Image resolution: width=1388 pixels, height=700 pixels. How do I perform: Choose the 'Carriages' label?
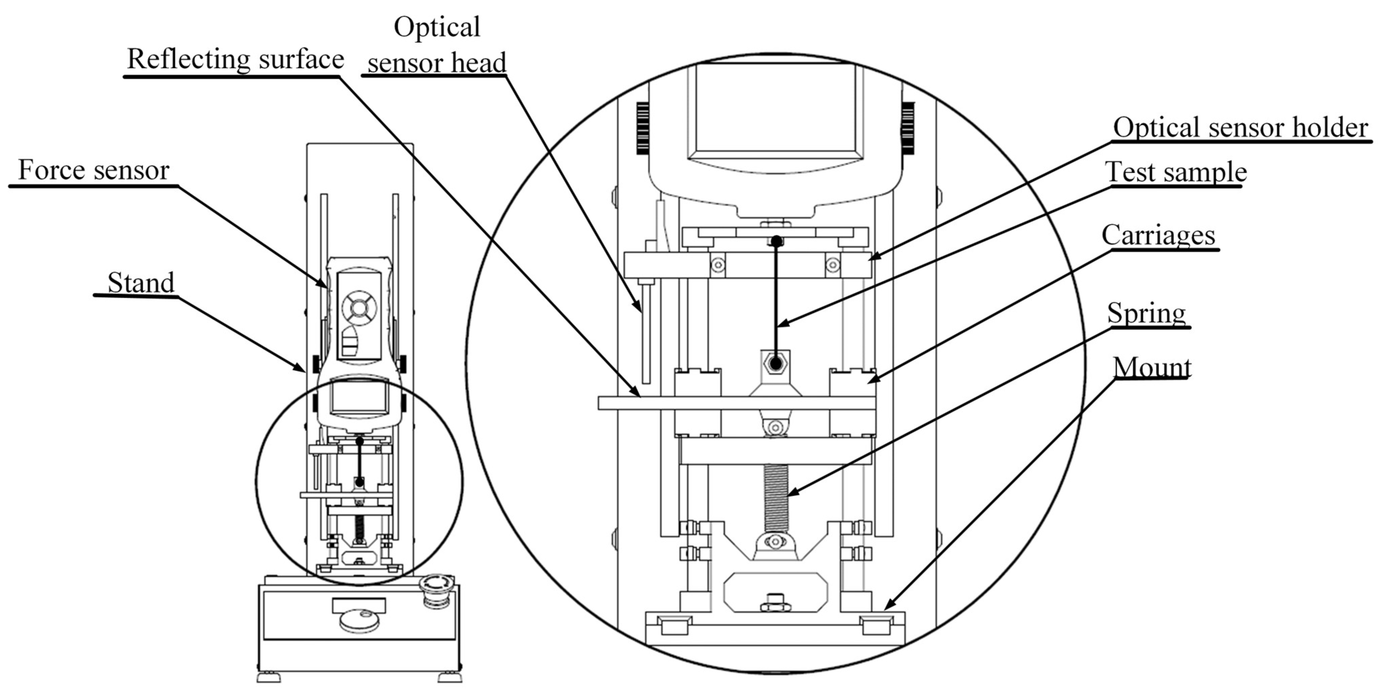pyautogui.click(x=1158, y=235)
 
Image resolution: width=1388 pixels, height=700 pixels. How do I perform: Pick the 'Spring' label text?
pyautogui.click(x=1146, y=313)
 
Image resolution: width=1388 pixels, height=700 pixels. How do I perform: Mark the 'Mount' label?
pyautogui.click(x=1152, y=368)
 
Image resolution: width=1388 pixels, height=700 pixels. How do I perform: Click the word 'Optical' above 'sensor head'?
pyautogui.click(x=436, y=27)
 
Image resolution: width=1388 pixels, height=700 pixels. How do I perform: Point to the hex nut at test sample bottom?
pyautogui.click(x=775, y=364)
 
